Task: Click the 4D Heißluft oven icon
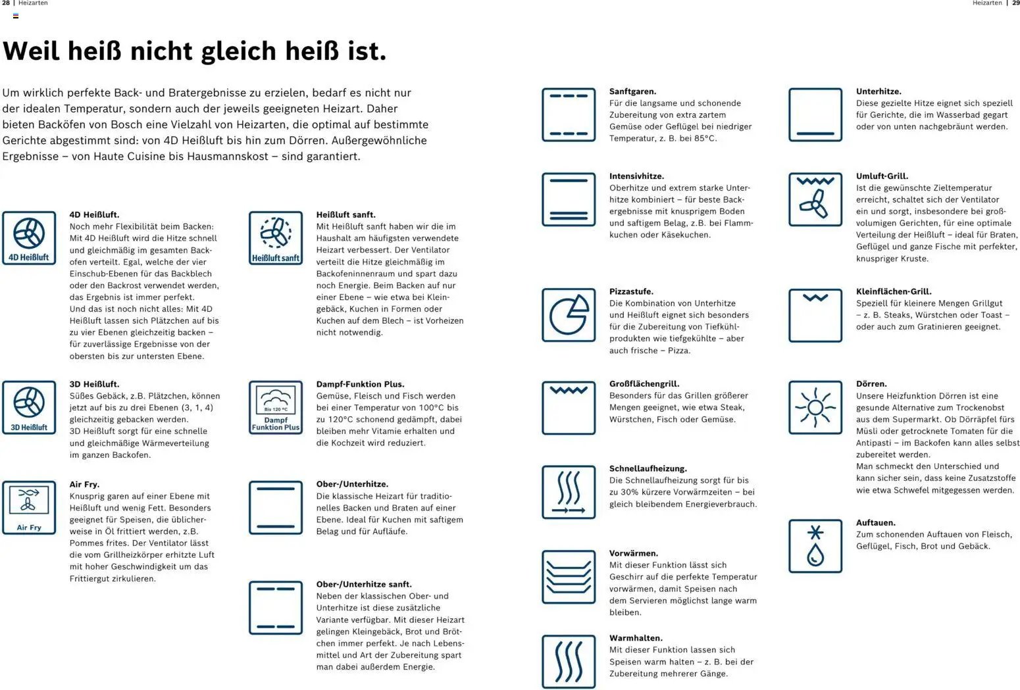click(29, 238)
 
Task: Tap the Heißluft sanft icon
click(276, 238)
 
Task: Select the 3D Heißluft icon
click(29, 407)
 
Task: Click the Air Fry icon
click(29, 507)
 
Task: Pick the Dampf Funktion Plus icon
click(276, 407)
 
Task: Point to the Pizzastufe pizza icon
click(569, 315)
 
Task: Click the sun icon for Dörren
click(815, 407)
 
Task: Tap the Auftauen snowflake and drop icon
click(815, 546)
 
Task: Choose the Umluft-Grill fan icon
click(815, 199)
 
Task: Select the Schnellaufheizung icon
click(569, 492)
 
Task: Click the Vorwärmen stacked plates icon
click(569, 577)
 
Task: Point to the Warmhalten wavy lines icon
click(569, 662)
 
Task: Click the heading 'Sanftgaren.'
click(632, 91)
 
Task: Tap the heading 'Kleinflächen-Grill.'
click(894, 291)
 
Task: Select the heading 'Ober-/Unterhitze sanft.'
click(364, 584)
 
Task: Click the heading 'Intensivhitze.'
click(636, 176)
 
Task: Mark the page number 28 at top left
click(6, 3)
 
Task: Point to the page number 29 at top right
click(1015, 3)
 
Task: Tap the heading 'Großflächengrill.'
click(644, 383)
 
